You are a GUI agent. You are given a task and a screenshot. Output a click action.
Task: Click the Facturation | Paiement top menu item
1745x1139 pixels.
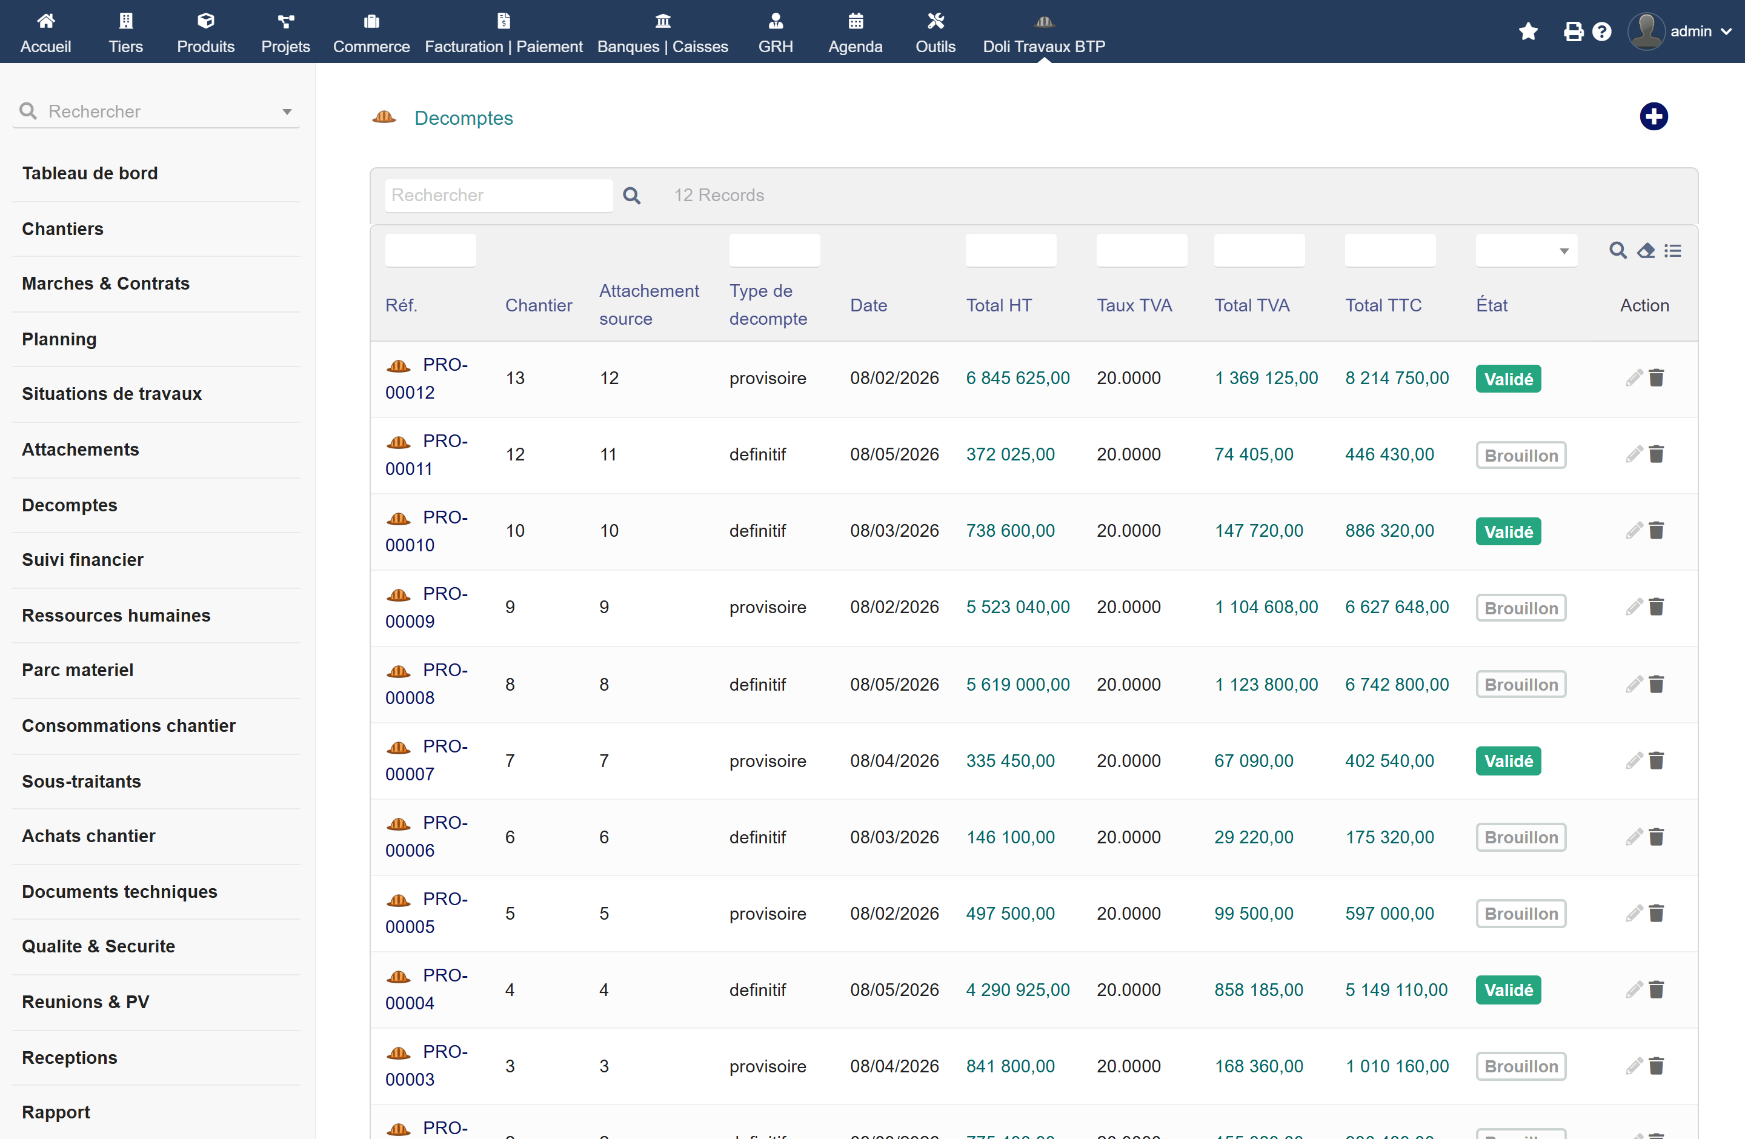(x=503, y=32)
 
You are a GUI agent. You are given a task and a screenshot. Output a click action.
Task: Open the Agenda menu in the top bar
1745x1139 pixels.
(x=855, y=32)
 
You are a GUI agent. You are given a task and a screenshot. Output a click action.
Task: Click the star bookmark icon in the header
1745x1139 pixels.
(x=1528, y=32)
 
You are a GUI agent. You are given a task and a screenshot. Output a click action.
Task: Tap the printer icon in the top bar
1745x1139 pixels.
(x=1573, y=32)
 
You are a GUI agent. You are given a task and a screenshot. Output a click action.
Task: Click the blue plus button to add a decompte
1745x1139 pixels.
(x=1654, y=116)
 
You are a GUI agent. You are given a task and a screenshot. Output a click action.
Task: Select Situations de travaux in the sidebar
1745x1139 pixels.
(x=111, y=394)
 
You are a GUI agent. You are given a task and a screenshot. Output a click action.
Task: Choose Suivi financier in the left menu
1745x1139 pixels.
(x=83, y=560)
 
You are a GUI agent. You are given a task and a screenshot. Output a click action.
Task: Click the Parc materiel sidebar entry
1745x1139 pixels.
(x=78, y=670)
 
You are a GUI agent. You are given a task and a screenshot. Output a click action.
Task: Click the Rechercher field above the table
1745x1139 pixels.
(x=499, y=195)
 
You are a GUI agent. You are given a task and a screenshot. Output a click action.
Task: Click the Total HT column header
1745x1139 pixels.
(x=999, y=305)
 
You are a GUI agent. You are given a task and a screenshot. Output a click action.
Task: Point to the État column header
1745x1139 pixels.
(x=1491, y=305)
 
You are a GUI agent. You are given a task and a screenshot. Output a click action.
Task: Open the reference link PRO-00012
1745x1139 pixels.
(x=427, y=378)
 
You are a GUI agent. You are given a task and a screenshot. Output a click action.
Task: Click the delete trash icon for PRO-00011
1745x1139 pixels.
(x=1657, y=454)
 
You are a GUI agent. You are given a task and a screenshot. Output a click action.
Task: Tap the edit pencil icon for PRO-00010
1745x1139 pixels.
(x=1634, y=531)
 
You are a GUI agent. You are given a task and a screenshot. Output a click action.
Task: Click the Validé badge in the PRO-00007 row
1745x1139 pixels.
(x=1508, y=761)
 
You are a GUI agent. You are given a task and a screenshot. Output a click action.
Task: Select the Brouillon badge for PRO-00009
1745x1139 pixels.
(x=1521, y=608)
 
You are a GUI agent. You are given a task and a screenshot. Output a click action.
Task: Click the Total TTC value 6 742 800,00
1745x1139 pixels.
(x=1397, y=685)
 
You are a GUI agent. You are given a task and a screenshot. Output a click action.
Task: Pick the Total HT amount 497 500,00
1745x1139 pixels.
(x=1010, y=913)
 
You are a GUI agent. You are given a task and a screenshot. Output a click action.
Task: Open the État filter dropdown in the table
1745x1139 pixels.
(x=1526, y=251)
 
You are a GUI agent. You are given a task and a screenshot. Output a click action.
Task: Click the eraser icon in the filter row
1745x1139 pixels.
(x=1646, y=251)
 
